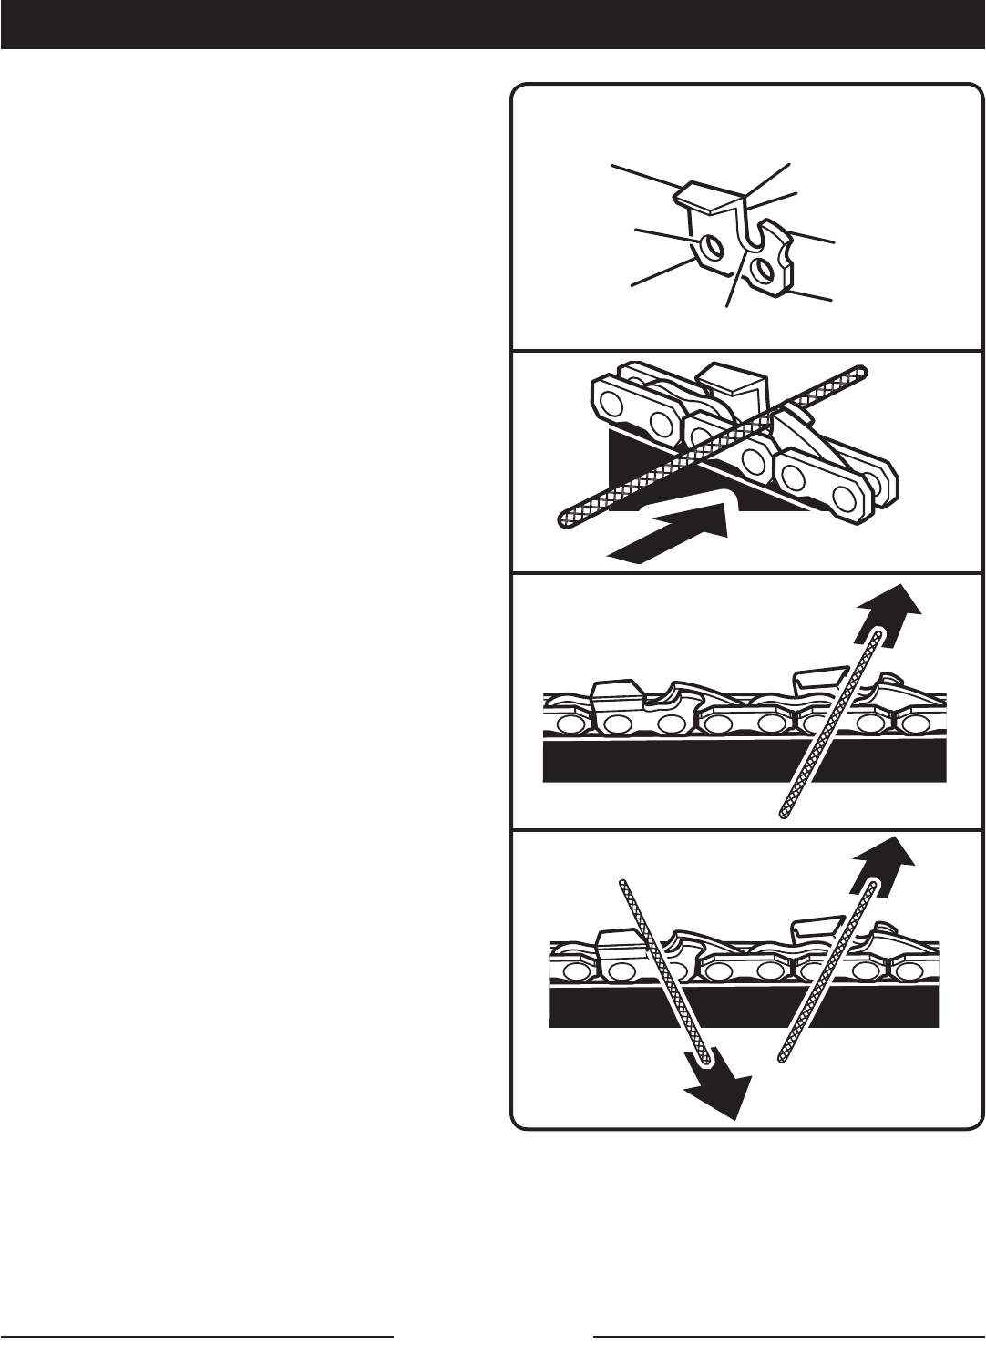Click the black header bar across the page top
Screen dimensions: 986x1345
point(492,24)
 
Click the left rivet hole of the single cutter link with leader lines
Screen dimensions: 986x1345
point(712,247)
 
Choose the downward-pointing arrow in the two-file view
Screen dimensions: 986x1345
point(719,1085)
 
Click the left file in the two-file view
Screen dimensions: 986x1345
point(661,970)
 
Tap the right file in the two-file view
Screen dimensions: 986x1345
point(826,970)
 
